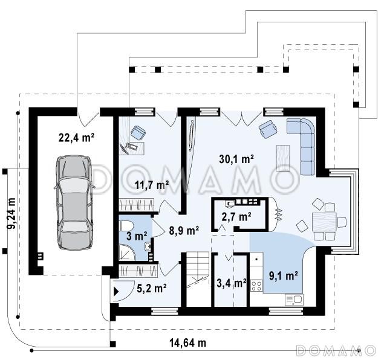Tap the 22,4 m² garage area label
tap(76, 138)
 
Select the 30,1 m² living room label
tap(236, 159)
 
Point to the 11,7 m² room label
tap(152, 185)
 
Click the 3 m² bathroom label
tap(137, 236)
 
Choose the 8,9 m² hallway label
tap(184, 231)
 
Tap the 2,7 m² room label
tap(236, 217)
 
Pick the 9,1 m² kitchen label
tap(284, 275)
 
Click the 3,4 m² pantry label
tap(231, 283)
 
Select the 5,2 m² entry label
tap(152, 288)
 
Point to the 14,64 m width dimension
tap(188, 342)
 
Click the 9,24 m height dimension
tap(11, 213)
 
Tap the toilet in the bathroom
tap(126, 225)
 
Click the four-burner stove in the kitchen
tap(256, 286)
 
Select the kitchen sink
tap(294, 300)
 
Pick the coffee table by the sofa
tap(283, 158)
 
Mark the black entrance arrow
tap(116, 292)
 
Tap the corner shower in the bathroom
tap(127, 252)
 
